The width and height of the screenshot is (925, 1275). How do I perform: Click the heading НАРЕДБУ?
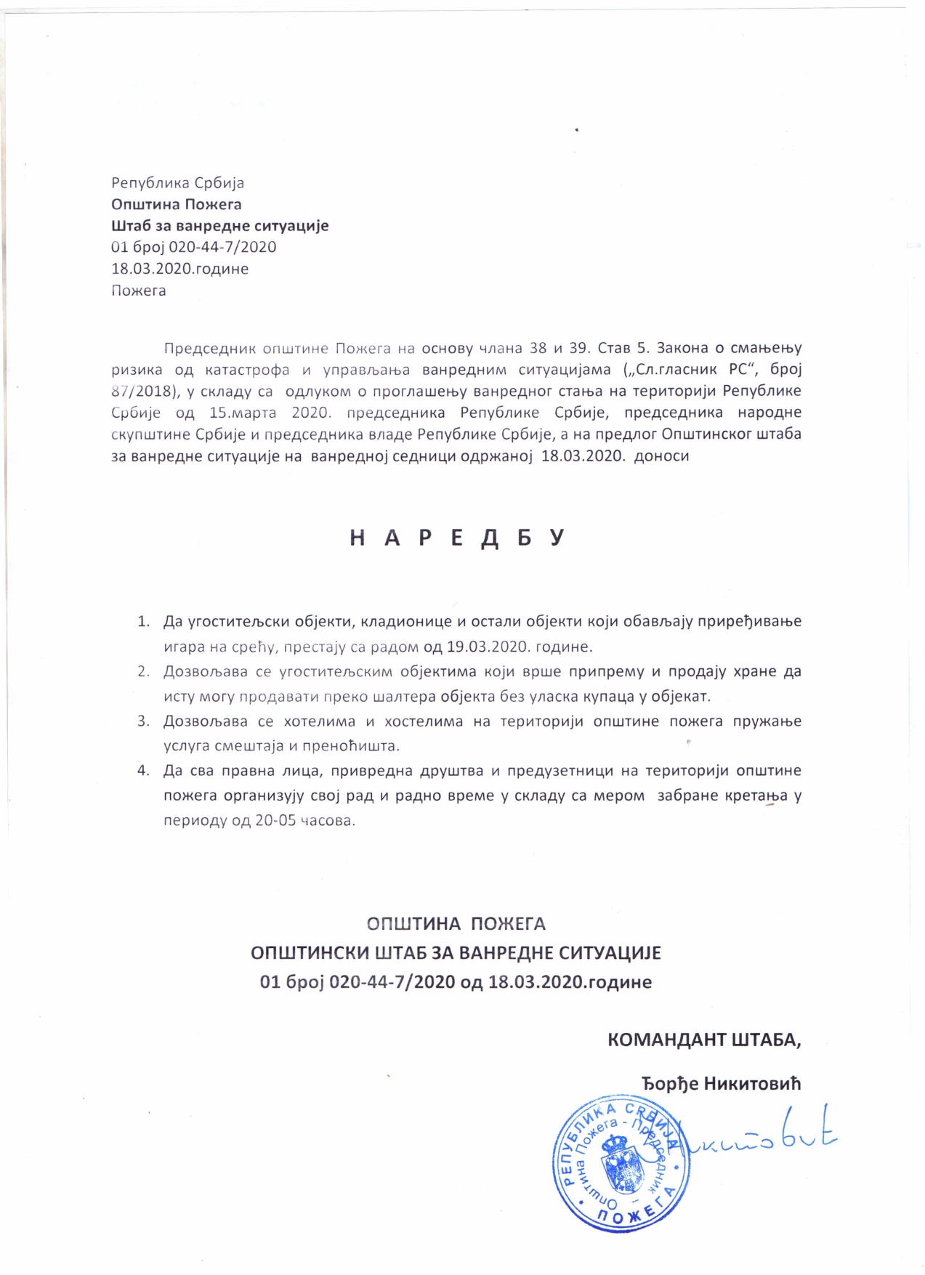(457, 538)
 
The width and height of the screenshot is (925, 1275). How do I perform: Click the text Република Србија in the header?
(177, 182)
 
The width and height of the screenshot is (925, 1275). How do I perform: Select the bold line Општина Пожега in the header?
(176, 204)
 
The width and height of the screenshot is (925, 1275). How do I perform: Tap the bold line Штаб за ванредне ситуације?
(219, 225)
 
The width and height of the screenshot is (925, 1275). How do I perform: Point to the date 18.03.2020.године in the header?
(179, 269)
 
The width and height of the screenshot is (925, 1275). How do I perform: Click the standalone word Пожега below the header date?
(138, 291)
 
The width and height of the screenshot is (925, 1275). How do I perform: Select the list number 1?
(143, 622)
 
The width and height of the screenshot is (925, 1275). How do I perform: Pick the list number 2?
(143, 671)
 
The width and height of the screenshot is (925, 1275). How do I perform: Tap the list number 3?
(143, 721)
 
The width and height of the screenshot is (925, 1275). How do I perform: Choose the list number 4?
(143, 771)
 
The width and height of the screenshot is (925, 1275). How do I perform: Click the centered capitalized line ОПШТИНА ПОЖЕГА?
(456, 924)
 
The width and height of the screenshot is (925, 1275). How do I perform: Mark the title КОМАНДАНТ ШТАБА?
(703, 1040)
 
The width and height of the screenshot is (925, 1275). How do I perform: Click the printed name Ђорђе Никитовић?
(721, 1084)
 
